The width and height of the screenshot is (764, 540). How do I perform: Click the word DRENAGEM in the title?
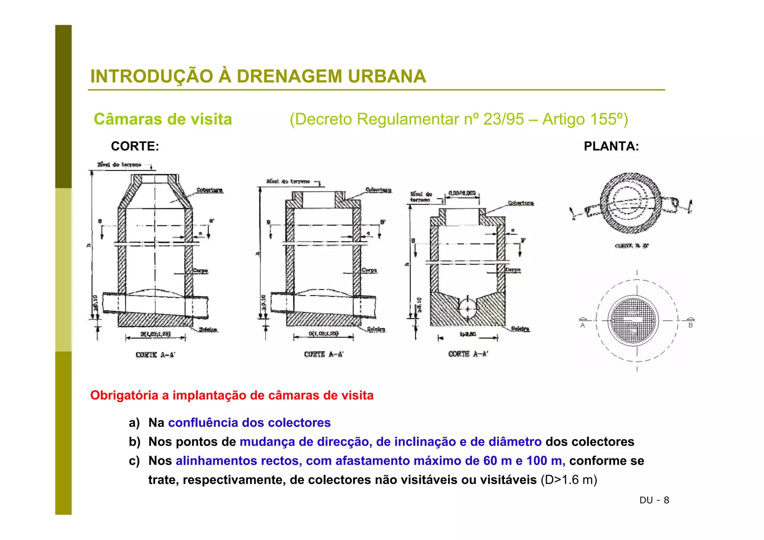289,76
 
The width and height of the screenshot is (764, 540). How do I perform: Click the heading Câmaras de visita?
163,119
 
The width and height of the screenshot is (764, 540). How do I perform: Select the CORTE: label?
135,146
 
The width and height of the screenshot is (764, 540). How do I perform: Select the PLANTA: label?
611,146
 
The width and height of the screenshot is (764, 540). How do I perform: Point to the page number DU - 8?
654,500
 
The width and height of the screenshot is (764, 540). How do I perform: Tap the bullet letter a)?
134,423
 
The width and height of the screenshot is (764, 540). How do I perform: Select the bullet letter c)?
134,461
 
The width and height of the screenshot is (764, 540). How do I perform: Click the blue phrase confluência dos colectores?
249,423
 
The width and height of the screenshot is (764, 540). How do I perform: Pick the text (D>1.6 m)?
569,480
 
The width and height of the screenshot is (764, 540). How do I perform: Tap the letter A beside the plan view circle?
583,325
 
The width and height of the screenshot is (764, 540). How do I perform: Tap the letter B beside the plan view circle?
691,325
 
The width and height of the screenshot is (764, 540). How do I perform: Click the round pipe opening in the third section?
468,308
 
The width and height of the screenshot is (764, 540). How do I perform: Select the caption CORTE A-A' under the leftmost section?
155,355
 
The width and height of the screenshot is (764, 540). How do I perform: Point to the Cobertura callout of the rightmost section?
521,203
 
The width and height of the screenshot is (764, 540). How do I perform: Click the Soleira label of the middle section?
376,329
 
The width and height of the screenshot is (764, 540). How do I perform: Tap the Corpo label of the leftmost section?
200,271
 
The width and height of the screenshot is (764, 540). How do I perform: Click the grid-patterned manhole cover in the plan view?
633,320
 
